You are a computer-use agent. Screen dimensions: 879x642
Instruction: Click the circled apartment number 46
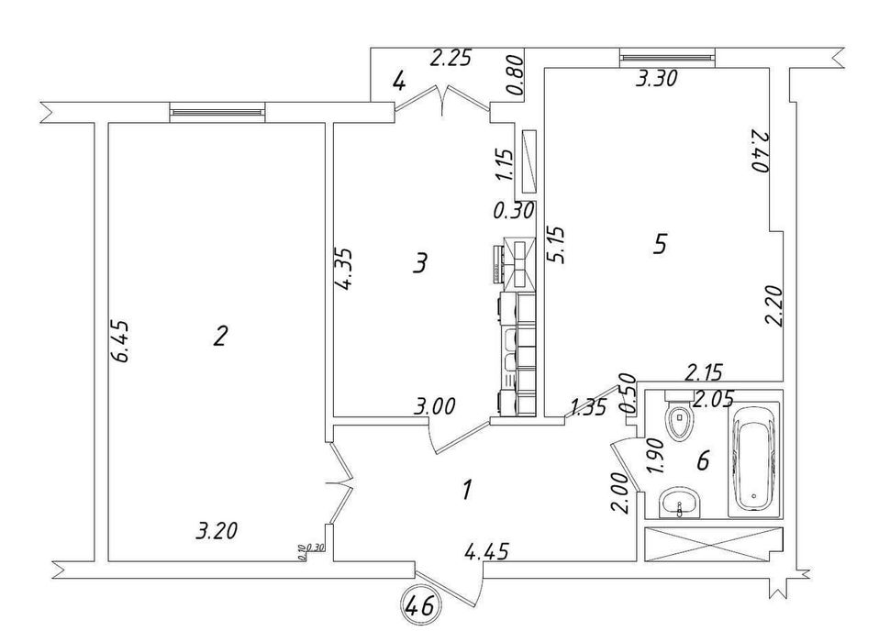420,605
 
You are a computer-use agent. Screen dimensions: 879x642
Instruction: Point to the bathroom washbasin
680,503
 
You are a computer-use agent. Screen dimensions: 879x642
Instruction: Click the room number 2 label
220,336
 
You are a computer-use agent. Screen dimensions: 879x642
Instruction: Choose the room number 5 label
661,244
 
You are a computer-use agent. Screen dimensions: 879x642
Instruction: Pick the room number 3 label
420,262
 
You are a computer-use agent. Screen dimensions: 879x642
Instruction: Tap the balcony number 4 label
398,83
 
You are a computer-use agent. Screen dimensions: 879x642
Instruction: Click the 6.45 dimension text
123,342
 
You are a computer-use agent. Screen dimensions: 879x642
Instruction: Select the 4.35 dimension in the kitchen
344,269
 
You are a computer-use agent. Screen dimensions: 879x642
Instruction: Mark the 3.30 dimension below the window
656,78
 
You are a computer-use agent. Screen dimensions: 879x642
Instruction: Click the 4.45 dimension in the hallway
486,552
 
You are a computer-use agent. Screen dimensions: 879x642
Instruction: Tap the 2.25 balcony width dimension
451,59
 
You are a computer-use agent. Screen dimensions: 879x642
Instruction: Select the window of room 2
217,112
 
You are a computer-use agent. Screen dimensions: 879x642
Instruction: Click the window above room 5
667,58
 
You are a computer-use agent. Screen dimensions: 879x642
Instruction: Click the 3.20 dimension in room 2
217,530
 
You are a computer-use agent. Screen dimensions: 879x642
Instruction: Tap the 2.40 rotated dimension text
759,151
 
